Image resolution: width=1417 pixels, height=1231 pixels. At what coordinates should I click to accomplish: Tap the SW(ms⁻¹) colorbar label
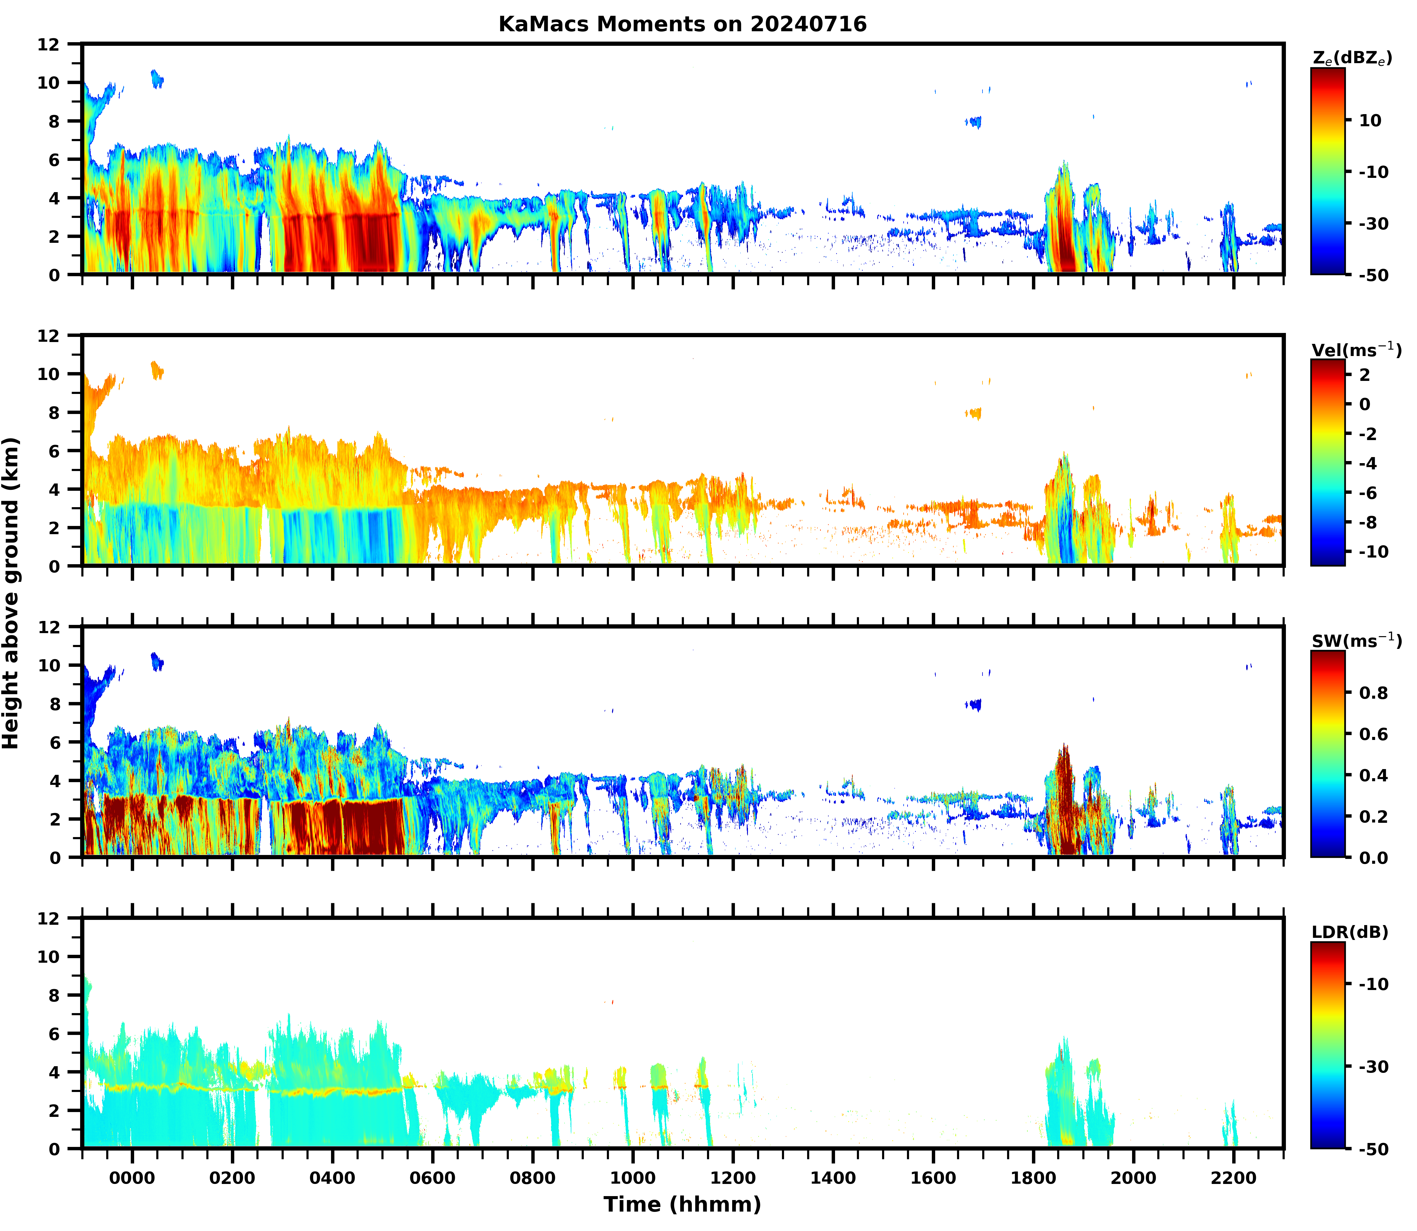click(x=1357, y=641)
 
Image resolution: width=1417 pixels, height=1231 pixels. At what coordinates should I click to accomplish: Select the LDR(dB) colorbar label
click(x=1350, y=932)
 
